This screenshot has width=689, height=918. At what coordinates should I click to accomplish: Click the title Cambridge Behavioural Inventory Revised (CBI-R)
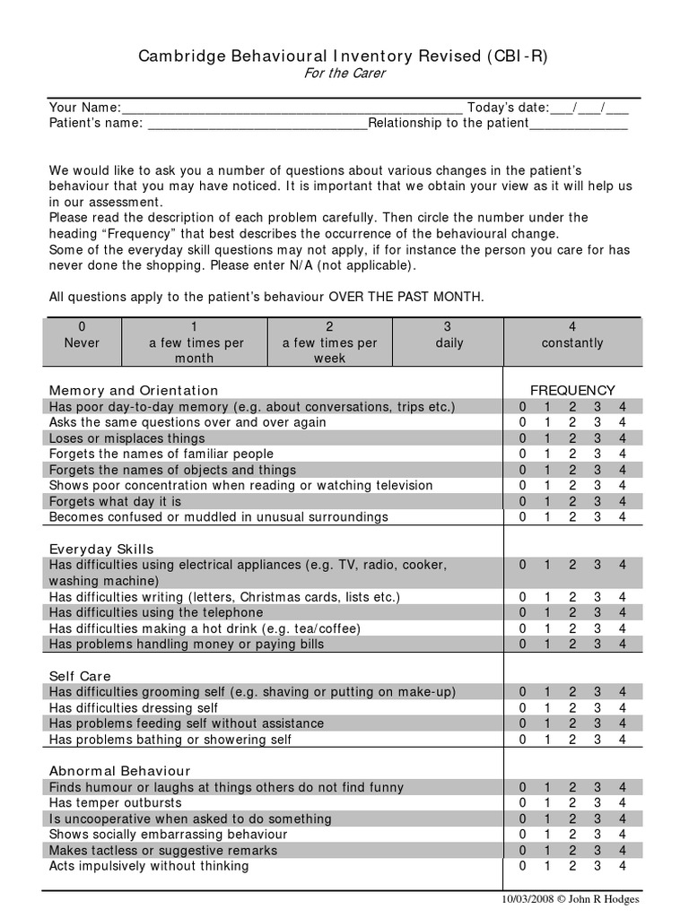click(x=343, y=56)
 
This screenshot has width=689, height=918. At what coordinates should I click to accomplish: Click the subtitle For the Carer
click(x=344, y=74)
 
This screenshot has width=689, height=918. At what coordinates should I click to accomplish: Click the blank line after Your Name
click(x=292, y=108)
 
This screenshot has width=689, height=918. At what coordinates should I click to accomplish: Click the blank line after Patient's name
click(x=257, y=124)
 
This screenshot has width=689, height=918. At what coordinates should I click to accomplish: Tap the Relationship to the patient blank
click(x=579, y=124)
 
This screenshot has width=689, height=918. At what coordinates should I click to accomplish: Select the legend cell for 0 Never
click(x=82, y=342)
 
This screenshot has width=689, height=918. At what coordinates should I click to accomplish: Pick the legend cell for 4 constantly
click(x=572, y=342)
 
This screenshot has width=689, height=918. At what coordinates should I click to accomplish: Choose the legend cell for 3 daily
click(x=449, y=342)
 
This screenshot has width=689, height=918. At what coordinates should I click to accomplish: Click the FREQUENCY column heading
click(x=572, y=390)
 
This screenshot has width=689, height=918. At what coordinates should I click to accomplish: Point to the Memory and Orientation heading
click(x=134, y=390)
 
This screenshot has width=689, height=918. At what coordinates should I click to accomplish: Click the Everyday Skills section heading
click(x=101, y=549)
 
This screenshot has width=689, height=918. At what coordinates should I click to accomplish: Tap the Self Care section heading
click(x=80, y=676)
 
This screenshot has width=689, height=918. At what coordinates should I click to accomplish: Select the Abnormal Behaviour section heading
click(x=119, y=770)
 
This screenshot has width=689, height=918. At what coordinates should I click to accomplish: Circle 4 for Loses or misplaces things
click(x=623, y=438)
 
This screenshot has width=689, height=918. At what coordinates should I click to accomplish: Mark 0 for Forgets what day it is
click(x=523, y=501)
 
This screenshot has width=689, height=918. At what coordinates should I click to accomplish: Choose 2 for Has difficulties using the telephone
click(x=572, y=612)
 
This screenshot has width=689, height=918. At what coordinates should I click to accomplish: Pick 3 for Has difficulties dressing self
click(x=597, y=707)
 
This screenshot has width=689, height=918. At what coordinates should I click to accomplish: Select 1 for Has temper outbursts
click(x=547, y=802)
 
